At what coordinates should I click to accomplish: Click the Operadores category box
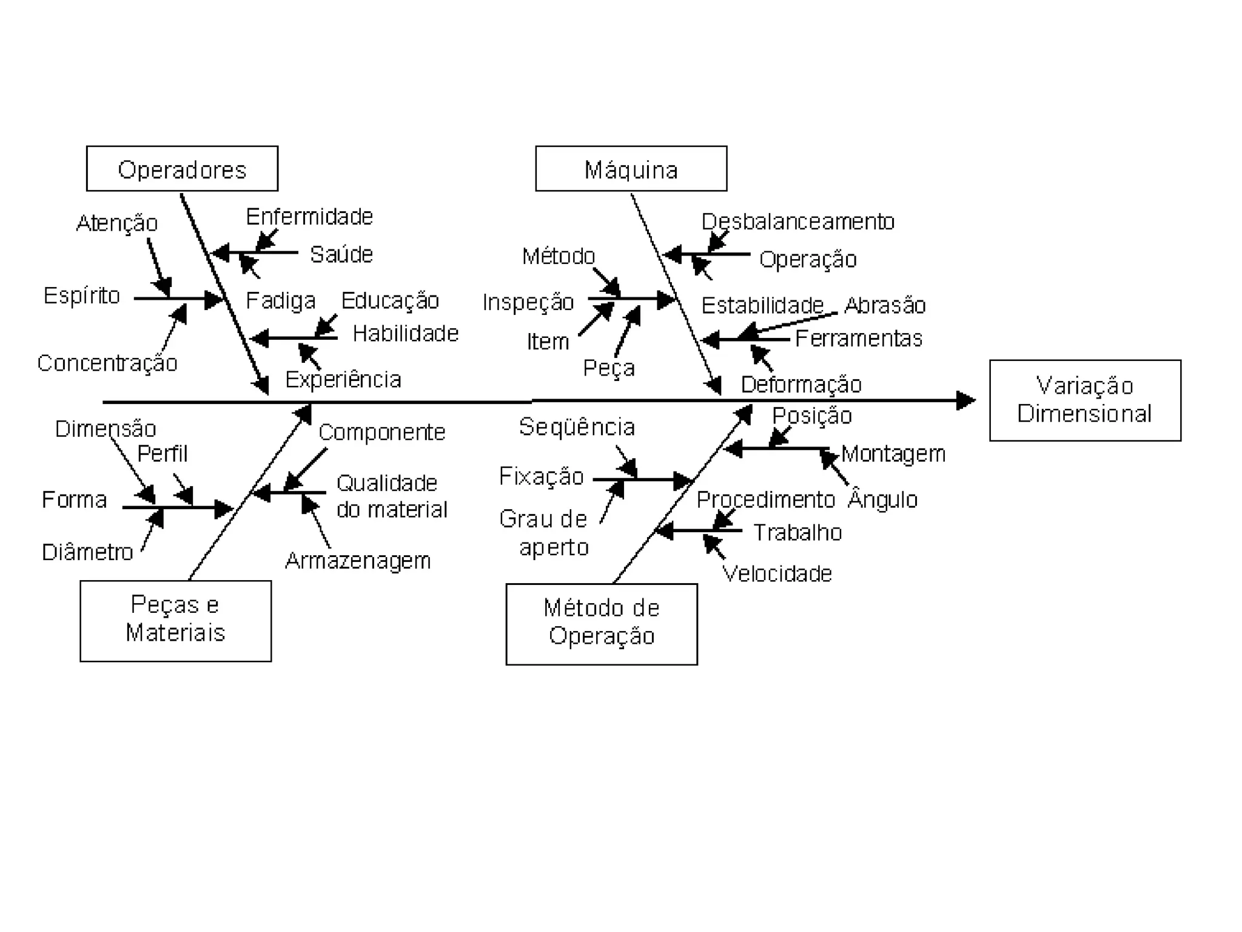(x=182, y=169)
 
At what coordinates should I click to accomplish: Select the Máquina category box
(x=631, y=169)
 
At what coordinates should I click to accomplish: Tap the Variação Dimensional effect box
(x=1085, y=400)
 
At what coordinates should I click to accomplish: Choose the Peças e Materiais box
(x=175, y=620)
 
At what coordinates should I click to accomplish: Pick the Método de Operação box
(x=601, y=623)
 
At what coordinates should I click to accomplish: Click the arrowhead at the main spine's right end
(x=965, y=400)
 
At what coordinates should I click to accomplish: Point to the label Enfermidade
(x=309, y=217)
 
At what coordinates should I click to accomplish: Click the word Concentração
(x=107, y=363)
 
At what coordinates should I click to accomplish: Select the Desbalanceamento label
(x=797, y=221)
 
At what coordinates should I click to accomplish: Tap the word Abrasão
(x=885, y=305)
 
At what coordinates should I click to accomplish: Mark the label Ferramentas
(x=858, y=338)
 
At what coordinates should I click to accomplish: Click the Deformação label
(x=801, y=385)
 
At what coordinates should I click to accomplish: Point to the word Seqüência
(x=577, y=427)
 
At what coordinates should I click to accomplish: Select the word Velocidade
(x=777, y=573)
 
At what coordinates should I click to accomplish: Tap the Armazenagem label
(x=358, y=561)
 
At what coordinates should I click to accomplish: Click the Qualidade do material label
(x=391, y=496)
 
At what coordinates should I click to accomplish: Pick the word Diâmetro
(x=87, y=552)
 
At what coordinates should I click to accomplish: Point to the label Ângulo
(x=882, y=499)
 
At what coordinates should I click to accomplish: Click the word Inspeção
(x=528, y=302)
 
